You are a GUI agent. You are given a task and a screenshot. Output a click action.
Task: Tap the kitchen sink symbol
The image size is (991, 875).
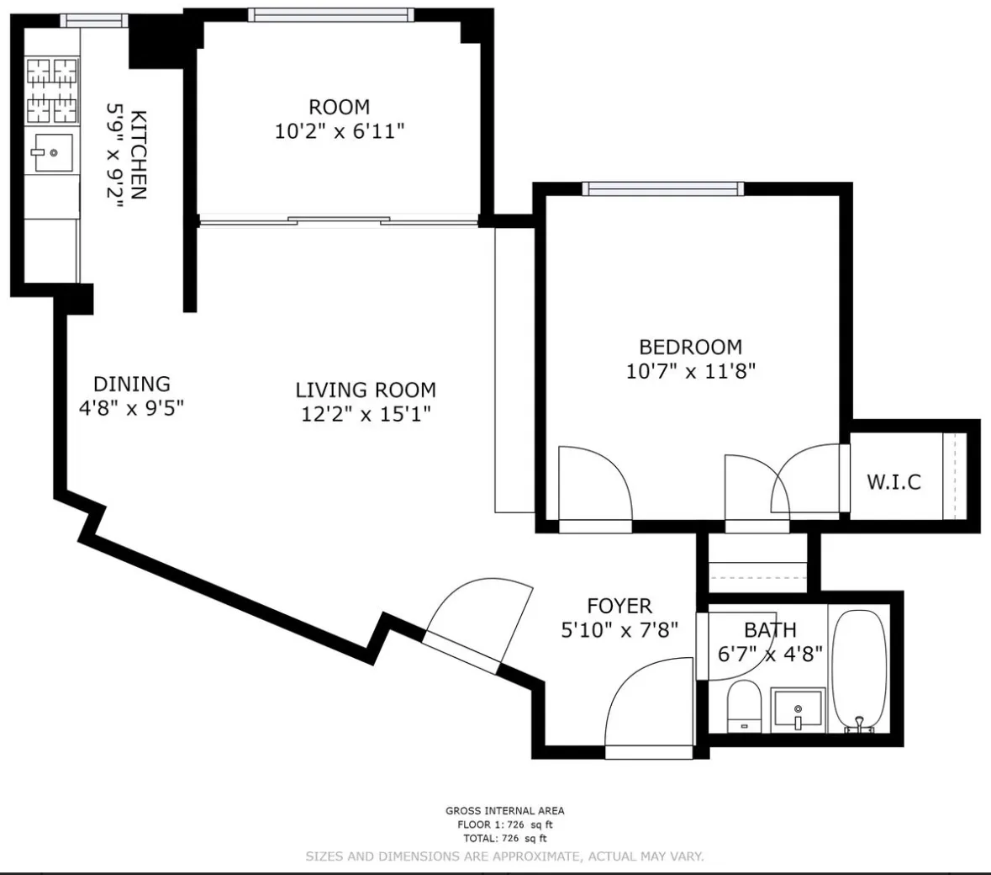[52, 152]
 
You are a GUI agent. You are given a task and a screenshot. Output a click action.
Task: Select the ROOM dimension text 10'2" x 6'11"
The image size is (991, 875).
[340, 131]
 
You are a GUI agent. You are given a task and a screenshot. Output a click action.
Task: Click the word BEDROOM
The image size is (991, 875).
[690, 347]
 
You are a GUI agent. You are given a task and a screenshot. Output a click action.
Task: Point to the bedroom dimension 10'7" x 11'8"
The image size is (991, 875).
[690, 371]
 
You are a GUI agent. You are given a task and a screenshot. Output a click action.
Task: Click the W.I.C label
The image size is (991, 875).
[893, 482]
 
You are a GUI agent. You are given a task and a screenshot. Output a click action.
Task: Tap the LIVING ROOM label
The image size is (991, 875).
[366, 390]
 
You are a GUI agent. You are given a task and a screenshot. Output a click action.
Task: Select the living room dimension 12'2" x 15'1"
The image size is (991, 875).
[366, 414]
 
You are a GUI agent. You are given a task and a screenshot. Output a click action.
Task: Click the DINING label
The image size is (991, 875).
[131, 384]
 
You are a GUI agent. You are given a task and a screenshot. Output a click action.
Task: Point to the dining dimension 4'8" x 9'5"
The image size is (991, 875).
[131, 408]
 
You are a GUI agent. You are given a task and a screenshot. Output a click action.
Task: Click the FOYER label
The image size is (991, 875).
[619, 606]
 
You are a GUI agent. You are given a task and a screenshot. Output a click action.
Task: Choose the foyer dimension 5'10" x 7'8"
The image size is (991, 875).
[619, 629]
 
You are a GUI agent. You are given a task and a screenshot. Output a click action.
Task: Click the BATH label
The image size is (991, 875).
[770, 630]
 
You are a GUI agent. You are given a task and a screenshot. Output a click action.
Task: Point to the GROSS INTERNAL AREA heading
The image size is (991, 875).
[504, 811]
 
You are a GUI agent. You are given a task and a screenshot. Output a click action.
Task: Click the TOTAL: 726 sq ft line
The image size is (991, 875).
[504, 839]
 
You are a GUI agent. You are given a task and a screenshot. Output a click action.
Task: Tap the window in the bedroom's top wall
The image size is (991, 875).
[665, 188]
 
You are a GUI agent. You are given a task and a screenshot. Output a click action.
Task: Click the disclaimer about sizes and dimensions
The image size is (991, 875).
[504, 856]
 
